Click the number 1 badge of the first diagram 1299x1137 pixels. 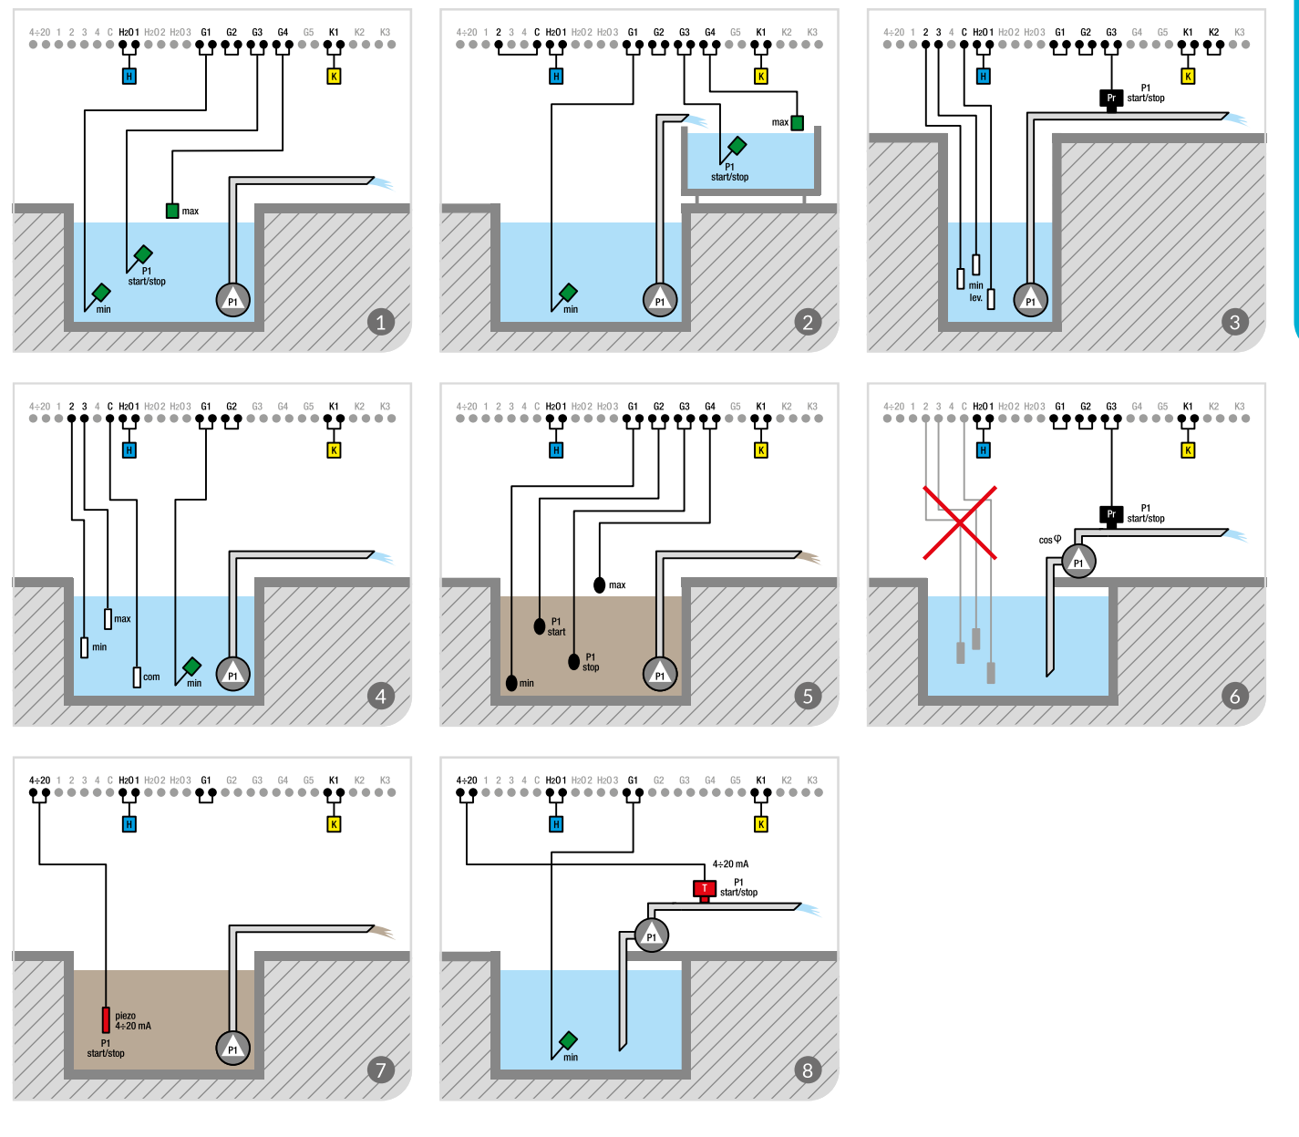tap(381, 321)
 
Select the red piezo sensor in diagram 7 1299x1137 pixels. tap(106, 1019)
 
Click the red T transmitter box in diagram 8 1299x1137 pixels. tap(705, 888)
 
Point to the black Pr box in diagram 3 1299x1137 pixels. tap(1111, 98)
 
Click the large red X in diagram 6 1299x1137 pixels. tap(960, 522)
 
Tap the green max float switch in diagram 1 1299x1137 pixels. tap(172, 211)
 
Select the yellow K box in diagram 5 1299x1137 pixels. tap(761, 450)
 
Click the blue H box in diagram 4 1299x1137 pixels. tap(129, 450)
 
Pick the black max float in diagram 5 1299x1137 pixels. tap(599, 584)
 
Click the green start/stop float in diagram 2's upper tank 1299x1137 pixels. tap(737, 145)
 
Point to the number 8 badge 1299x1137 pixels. tap(808, 1070)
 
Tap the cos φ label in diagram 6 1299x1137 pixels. tap(1050, 540)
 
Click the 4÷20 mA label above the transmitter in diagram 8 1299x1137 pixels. tap(730, 863)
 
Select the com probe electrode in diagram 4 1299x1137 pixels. tap(137, 677)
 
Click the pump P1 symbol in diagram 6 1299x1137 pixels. tap(1078, 562)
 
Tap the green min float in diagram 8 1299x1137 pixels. tap(569, 1040)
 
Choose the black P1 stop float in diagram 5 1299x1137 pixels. tap(574, 661)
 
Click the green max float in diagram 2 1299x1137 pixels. tap(797, 122)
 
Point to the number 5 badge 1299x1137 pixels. tap(808, 696)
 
